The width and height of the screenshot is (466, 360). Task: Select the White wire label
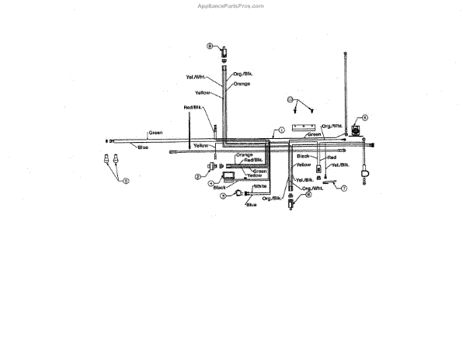point(260,186)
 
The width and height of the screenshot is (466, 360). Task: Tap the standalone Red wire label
point(332,157)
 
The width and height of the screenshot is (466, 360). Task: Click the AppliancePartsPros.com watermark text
point(232,5)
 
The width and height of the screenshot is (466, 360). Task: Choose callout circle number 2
point(198,177)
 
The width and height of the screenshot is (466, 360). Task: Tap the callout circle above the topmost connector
point(210,47)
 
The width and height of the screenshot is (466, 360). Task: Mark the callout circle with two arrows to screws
point(290,99)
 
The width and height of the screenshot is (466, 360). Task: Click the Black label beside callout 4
point(219,187)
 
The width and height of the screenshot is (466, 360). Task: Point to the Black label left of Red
point(304,156)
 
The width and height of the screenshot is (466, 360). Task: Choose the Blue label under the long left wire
point(143,147)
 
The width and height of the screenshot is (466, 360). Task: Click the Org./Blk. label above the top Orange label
point(243,74)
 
